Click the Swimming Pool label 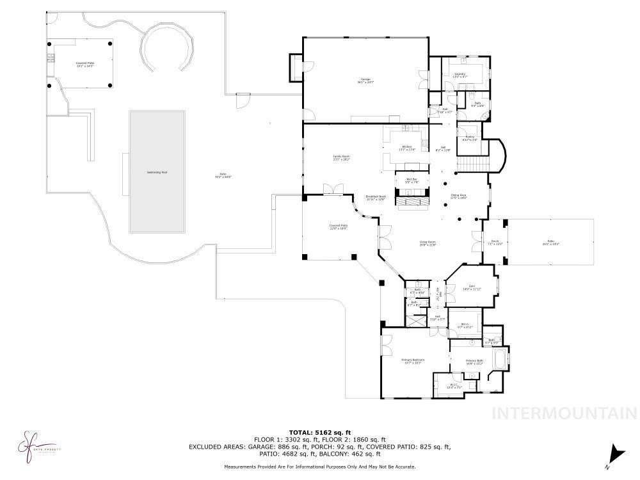point(157,172)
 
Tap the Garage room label point(365,81)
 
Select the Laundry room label point(460,76)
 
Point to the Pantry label point(470,138)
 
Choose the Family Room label point(340,157)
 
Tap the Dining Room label point(459,196)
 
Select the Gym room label point(472,287)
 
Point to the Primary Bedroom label point(413,361)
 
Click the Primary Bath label point(474,362)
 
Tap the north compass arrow point(616,453)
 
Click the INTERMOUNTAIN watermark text point(563,413)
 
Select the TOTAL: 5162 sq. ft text point(320,433)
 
